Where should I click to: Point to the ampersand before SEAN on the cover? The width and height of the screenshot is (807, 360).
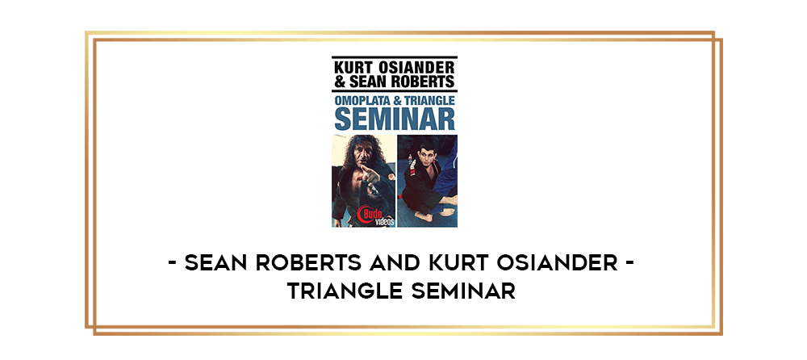[x=339, y=82]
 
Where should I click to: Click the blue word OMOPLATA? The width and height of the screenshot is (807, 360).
[x=362, y=100]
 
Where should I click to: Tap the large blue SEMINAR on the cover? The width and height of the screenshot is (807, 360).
[x=395, y=118]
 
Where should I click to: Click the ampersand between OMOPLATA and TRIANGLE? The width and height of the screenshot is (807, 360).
[x=396, y=100]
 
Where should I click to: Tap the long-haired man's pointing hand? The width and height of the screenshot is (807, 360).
[x=370, y=177]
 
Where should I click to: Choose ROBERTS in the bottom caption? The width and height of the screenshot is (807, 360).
[x=306, y=264]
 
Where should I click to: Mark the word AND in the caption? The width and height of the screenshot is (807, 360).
[x=394, y=264]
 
